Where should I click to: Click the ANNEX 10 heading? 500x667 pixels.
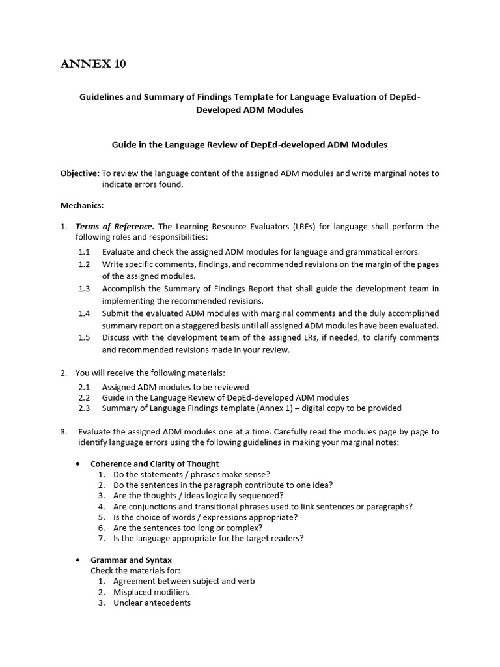(x=93, y=64)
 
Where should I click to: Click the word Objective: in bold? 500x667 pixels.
(x=80, y=173)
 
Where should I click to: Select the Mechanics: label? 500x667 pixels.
(x=82, y=205)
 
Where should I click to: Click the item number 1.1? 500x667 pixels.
(x=84, y=251)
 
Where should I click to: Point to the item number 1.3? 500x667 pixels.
(x=84, y=289)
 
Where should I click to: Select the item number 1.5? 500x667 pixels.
(x=84, y=337)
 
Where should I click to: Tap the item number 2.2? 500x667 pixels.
(x=84, y=397)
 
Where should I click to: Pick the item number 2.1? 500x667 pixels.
(x=84, y=387)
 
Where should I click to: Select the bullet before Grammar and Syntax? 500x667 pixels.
(x=78, y=560)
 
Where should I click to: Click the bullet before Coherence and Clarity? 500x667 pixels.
(x=78, y=464)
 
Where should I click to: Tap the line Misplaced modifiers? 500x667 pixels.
(x=151, y=592)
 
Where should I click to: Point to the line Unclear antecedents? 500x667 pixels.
(x=152, y=603)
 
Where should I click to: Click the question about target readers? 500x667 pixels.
(x=208, y=539)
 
